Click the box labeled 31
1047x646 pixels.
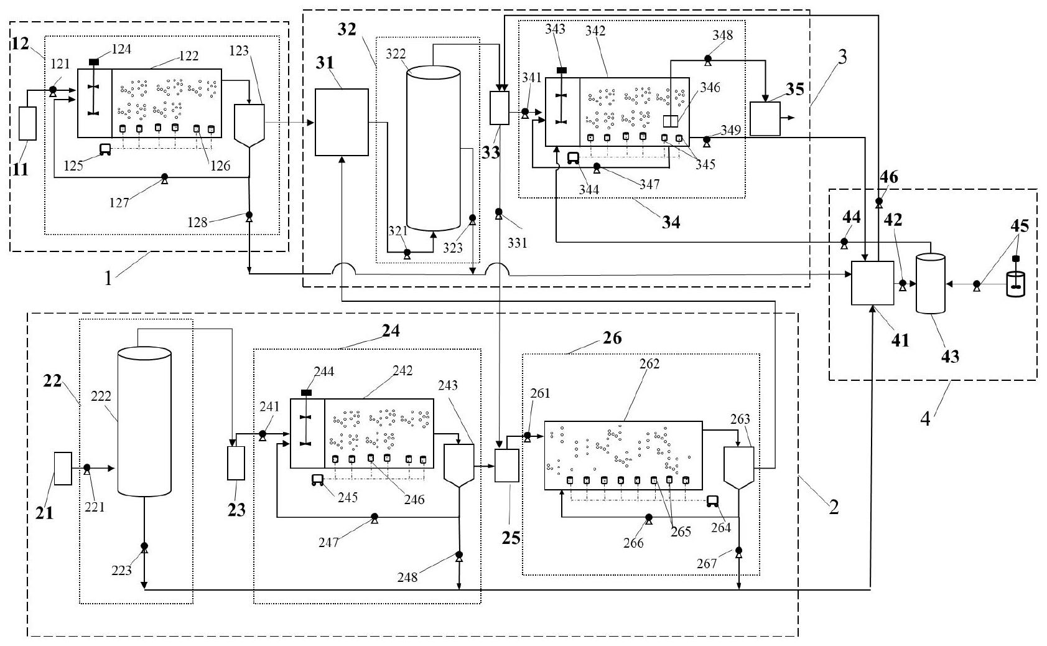[342, 122]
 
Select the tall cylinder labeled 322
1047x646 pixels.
[434, 149]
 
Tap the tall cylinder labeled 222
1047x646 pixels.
[144, 423]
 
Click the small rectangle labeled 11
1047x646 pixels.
[28, 123]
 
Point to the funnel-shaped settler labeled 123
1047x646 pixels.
[249, 125]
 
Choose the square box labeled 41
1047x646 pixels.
[872, 283]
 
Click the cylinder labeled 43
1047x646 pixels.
[931, 283]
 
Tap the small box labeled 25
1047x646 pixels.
[506, 465]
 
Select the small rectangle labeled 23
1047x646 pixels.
[236, 463]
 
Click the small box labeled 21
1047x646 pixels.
[63, 469]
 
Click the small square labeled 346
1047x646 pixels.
[670, 121]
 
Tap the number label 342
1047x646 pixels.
[595, 31]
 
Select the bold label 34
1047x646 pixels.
[670, 222]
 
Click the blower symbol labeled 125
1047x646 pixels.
[105, 149]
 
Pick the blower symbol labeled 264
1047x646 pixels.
[712, 501]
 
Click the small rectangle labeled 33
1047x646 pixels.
[500, 108]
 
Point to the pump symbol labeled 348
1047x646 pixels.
[707, 60]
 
